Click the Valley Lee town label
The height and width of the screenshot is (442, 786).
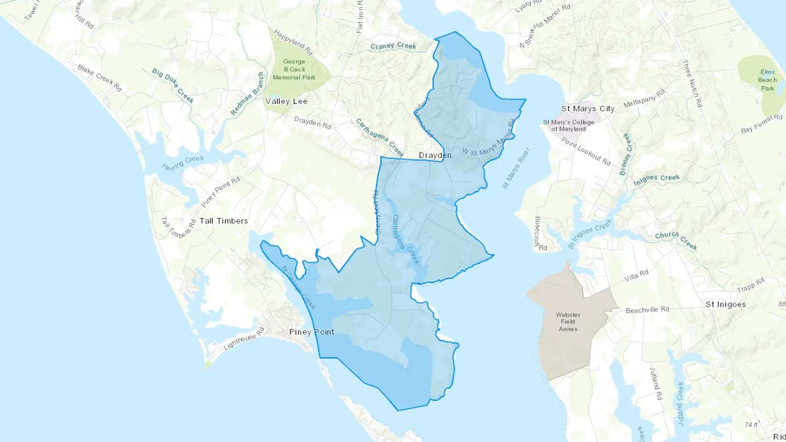click(x=286, y=101)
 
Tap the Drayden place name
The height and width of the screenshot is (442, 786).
click(x=435, y=155)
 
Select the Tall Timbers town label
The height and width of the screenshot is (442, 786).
click(x=224, y=221)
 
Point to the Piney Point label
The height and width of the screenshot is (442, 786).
click(x=312, y=332)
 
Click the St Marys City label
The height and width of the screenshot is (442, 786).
click(x=588, y=109)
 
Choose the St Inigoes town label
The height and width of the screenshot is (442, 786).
click(x=726, y=305)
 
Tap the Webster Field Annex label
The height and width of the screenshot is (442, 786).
click(x=568, y=322)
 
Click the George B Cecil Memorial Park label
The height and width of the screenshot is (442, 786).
click(x=294, y=69)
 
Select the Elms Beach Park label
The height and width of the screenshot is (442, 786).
click(x=767, y=80)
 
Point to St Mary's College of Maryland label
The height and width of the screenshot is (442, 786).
click(x=569, y=126)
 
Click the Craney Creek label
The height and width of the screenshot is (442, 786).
click(x=393, y=46)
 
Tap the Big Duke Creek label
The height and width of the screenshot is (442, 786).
click(x=173, y=85)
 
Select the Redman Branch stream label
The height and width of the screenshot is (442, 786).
click(x=248, y=94)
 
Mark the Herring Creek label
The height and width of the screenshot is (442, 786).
click(x=183, y=163)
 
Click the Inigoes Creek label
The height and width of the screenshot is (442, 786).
click(x=656, y=179)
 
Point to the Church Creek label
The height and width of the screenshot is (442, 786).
click(x=676, y=240)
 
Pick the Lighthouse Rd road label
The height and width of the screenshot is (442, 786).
click(x=244, y=339)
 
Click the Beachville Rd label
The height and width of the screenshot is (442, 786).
click(x=647, y=310)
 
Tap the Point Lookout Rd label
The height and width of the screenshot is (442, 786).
click(x=586, y=151)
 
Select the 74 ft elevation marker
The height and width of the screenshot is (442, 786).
click(x=751, y=425)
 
